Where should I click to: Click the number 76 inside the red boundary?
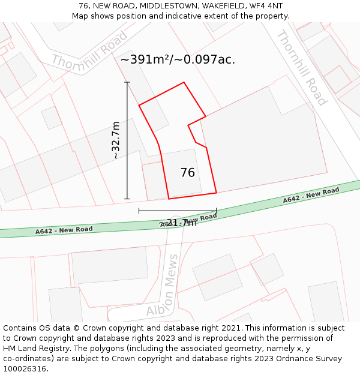pyautogui.click(x=187, y=173)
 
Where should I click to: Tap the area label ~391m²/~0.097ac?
pyautogui.click(x=178, y=59)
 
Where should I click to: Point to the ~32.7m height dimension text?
pyautogui.click(x=116, y=140)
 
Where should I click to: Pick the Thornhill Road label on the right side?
pyautogui.click(x=301, y=67)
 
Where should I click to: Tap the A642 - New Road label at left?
pyautogui.click(x=64, y=230)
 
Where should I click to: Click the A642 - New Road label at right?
pyautogui.click(x=311, y=195)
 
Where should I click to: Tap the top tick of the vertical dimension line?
pyautogui.click(x=127, y=82)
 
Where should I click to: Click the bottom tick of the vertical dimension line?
pyautogui.click(x=127, y=199)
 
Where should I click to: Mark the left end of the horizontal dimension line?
pyautogui.click(x=139, y=211)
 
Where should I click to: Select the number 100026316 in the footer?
pyautogui.click(x=25, y=368)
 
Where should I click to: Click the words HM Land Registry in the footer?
pyautogui.click(x=32, y=348)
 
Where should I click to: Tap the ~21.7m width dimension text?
pyautogui.click(x=179, y=223)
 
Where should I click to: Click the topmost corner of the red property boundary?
pyautogui.click(x=184, y=82)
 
